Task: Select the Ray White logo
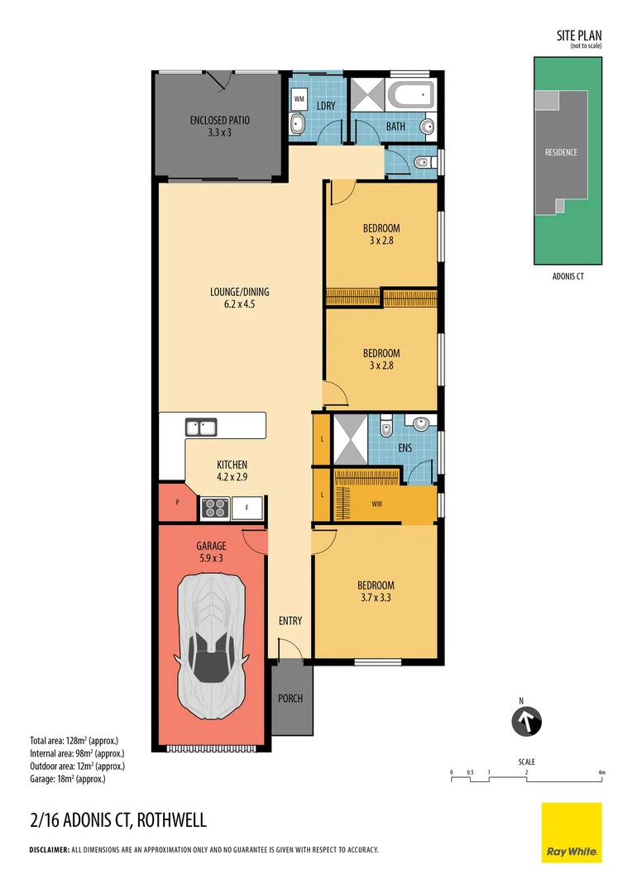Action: [x=572, y=833]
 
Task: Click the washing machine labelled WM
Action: [x=299, y=98]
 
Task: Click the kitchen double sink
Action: [x=201, y=427]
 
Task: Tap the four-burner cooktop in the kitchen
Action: [x=214, y=508]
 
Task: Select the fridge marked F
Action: [x=247, y=508]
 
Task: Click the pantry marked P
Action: [x=177, y=503]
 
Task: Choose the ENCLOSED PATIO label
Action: [x=219, y=121]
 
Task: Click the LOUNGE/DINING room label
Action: [x=239, y=292]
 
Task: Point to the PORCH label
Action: [x=290, y=699]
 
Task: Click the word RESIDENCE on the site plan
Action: [x=561, y=152]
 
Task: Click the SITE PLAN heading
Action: [x=578, y=35]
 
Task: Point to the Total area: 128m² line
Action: [x=74, y=741]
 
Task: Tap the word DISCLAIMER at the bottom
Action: [x=49, y=850]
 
